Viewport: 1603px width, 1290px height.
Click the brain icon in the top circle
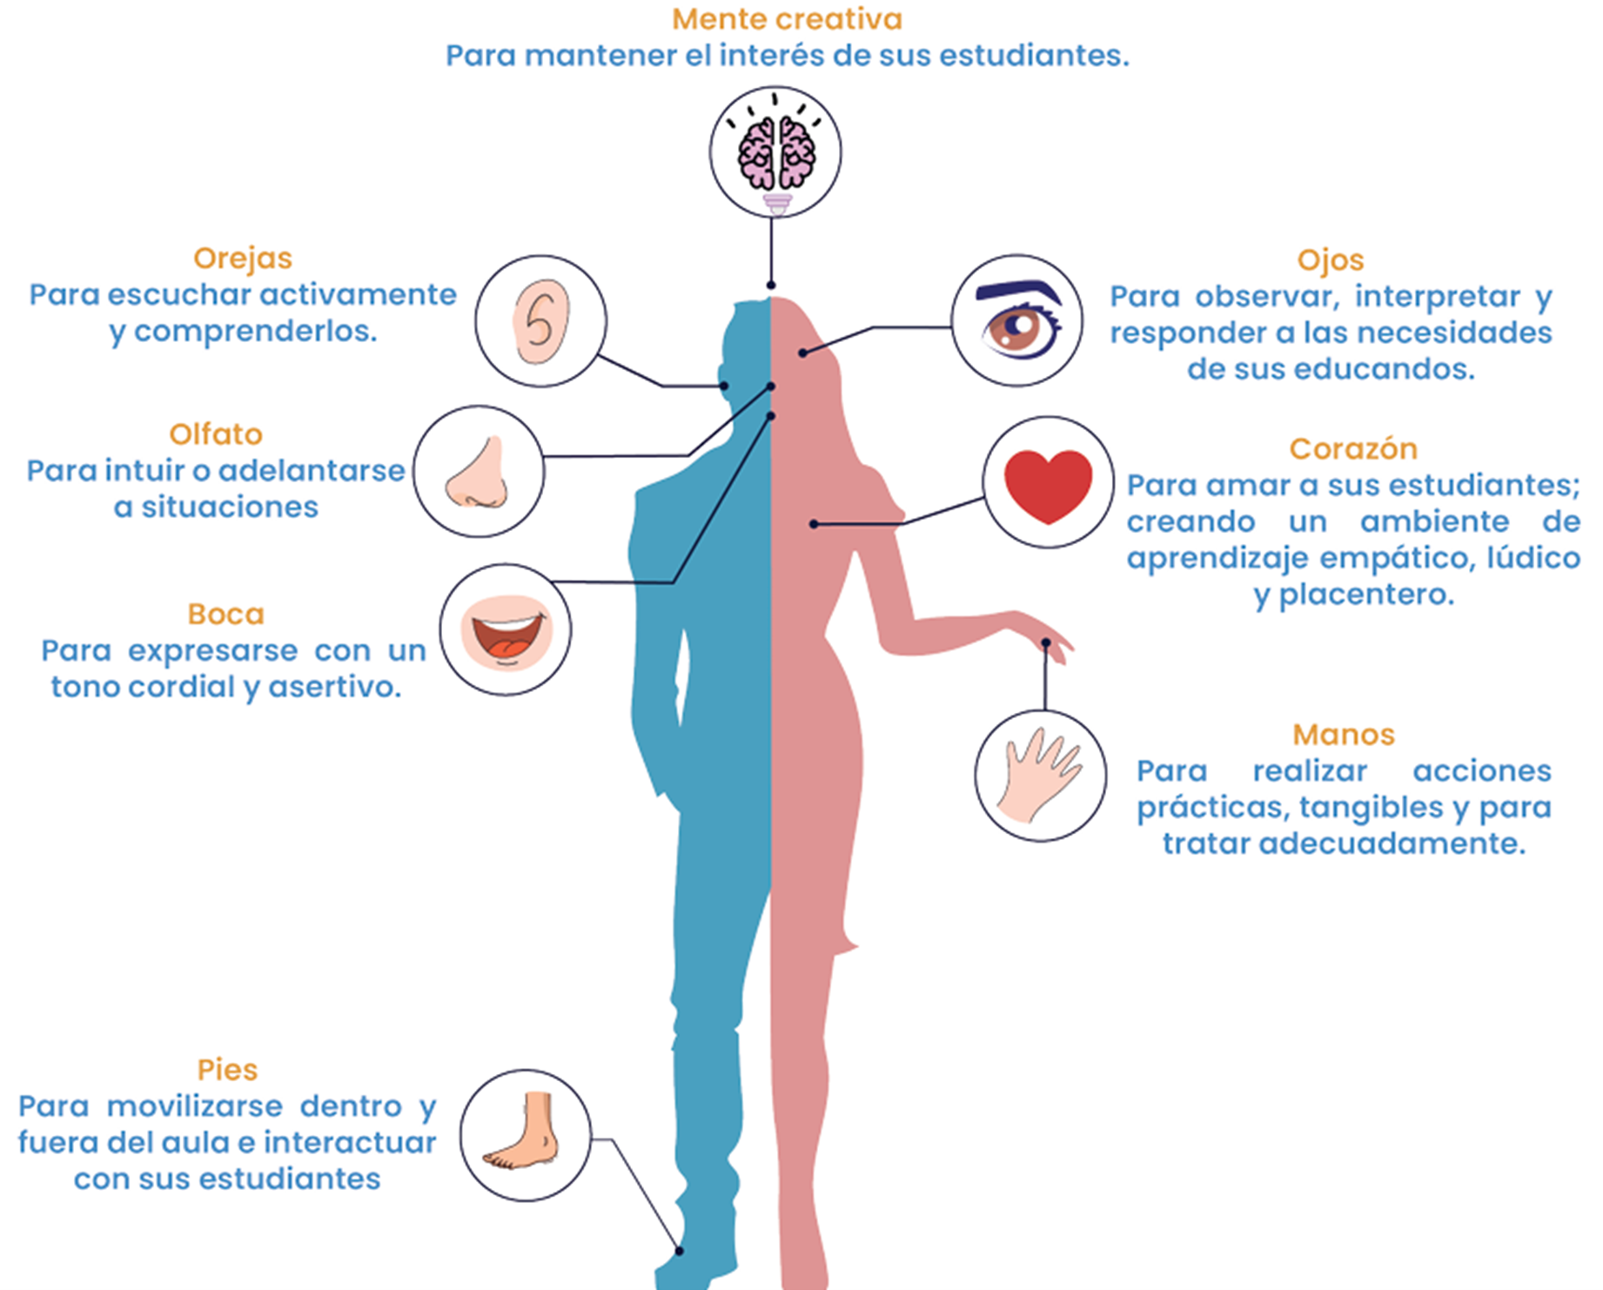tap(775, 153)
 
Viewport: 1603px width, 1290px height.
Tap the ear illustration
tap(540, 321)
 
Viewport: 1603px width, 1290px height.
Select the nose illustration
tap(478, 473)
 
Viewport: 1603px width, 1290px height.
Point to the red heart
tap(1048, 485)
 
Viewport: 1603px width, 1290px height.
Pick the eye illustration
tap(1018, 321)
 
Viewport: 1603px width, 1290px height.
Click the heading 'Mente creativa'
tap(787, 19)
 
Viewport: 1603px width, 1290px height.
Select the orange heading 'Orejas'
tap(243, 259)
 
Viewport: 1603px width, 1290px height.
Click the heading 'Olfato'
tap(216, 434)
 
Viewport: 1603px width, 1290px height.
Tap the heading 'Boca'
tap(225, 615)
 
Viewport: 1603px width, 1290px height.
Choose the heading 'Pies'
tap(227, 1070)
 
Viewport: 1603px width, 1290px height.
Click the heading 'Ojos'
tap(1330, 260)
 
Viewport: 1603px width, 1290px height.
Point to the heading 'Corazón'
tap(1353, 449)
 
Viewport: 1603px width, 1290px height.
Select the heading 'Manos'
tap(1344, 735)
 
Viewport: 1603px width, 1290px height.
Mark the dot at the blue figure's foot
tap(680, 1251)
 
